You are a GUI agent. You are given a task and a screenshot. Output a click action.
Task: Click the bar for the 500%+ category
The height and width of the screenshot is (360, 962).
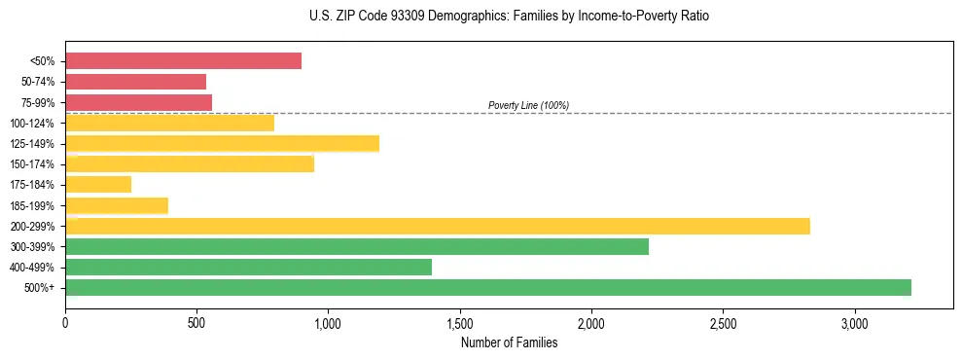coord(488,287)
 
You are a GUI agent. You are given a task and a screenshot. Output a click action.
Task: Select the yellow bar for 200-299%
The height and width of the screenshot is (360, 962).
coord(438,226)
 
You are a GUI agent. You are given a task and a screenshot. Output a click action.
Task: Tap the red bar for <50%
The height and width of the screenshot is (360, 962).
coord(183,60)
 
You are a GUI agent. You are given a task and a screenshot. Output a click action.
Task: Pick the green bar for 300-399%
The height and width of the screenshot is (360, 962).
coord(357,246)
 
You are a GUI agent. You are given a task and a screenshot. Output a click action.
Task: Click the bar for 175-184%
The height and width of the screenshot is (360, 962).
coord(98,184)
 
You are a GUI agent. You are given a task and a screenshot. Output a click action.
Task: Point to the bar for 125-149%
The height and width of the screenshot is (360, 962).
coord(222,143)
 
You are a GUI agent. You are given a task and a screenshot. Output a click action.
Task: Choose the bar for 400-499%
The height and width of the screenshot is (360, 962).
coord(248,267)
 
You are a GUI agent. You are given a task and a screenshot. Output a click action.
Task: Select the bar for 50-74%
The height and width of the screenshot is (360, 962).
coord(135,81)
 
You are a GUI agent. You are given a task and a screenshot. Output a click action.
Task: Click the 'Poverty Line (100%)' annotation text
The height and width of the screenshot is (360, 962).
coord(528,105)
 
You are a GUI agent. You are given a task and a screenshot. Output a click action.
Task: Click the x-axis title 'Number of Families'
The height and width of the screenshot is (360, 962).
coord(509,342)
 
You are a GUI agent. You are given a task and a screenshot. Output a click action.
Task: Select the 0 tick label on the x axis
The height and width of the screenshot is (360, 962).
coord(65,322)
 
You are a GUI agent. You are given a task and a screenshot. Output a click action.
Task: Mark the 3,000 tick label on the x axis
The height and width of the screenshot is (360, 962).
coord(854,322)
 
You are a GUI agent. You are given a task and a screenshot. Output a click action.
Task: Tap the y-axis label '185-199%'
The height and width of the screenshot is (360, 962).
coord(33,205)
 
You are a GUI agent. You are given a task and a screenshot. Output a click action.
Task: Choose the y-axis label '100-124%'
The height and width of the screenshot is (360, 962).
coord(33,123)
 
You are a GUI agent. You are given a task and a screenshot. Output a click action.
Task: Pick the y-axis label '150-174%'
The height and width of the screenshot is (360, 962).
coord(33,163)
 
